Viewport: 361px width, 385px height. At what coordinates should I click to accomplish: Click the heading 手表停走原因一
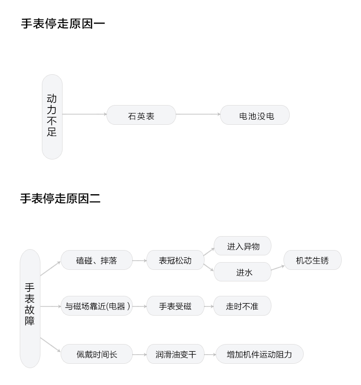tap(63, 24)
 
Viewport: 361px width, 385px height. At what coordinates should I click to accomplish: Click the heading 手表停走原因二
tap(60, 199)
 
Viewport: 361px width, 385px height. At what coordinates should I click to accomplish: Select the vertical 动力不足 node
tap(52, 117)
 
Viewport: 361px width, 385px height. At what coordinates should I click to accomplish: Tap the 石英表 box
tap(141, 115)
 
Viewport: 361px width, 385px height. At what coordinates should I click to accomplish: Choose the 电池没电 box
tap(255, 115)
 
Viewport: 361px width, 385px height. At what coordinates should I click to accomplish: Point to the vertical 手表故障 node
tap(30, 308)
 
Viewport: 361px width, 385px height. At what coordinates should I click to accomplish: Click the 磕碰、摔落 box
tap(97, 260)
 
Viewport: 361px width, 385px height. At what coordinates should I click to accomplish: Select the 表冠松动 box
tap(175, 260)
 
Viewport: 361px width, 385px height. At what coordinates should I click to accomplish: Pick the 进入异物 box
tap(243, 246)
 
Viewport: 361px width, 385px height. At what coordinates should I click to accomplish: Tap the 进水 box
tap(243, 272)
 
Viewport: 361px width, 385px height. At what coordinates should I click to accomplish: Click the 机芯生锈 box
tap(312, 260)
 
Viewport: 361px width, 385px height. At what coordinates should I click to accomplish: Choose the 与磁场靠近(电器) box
tap(97, 305)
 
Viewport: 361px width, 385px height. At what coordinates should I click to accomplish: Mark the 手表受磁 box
tap(175, 305)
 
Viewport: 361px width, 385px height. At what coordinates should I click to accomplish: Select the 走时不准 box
tap(243, 305)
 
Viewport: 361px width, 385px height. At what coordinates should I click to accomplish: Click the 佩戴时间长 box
tap(97, 354)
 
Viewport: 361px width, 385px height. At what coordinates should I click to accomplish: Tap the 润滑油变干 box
tap(175, 354)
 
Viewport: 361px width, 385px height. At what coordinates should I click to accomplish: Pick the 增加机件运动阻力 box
tap(260, 354)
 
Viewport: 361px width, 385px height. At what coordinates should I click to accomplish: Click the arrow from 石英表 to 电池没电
tap(198, 114)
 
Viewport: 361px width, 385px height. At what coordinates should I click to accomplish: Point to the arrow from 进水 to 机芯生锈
tap(278, 268)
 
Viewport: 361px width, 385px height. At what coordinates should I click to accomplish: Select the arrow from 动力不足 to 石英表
tap(85, 114)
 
